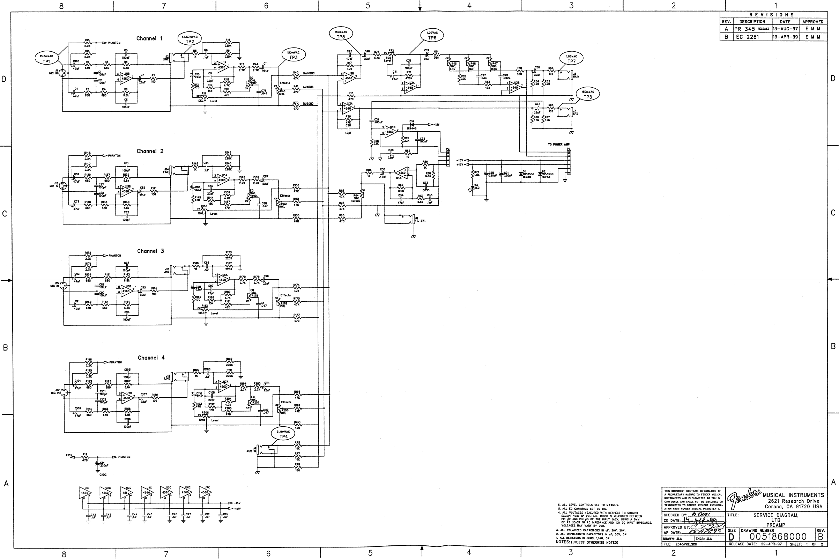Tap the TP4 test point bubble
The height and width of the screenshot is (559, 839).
[x=283, y=434]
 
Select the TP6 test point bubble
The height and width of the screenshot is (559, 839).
[x=432, y=35]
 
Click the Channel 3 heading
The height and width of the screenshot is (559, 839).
[x=150, y=251]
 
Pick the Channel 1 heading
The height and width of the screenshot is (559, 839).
[x=149, y=38]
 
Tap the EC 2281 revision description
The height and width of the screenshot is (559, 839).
[x=748, y=37]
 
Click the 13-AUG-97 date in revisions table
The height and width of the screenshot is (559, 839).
[x=785, y=29]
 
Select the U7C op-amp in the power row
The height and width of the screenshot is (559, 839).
[x=205, y=493]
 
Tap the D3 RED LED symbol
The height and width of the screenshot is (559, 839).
[x=473, y=187]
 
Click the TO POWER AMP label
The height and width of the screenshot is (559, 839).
[x=559, y=145]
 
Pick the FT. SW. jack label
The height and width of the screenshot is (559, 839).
[x=421, y=221]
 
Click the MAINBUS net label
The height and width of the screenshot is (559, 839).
[x=309, y=73]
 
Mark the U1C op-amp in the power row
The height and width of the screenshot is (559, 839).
[x=86, y=493]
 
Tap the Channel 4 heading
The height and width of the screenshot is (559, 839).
[x=151, y=358]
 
